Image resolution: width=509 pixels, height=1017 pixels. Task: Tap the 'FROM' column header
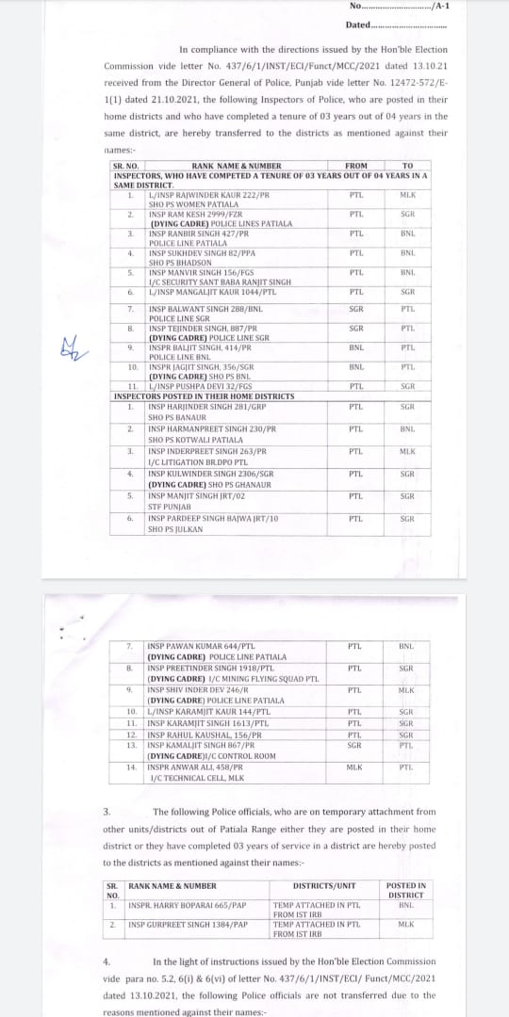tap(356, 166)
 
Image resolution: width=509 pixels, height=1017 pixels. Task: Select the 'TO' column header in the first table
tap(407, 166)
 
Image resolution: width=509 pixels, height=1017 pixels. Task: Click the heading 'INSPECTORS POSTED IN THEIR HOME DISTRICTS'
tap(204, 396)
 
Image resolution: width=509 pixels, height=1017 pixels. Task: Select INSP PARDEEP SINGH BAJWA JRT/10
tap(213, 519)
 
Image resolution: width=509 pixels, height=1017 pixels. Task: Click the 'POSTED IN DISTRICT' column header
tap(406, 890)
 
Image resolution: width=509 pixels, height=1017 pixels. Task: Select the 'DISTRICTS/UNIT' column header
tap(324, 886)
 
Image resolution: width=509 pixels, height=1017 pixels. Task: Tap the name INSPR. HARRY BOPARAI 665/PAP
tap(187, 905)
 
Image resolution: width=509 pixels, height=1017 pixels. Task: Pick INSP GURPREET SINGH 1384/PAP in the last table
tap(188, 925)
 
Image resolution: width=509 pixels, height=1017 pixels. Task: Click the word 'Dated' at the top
tap(358, 24)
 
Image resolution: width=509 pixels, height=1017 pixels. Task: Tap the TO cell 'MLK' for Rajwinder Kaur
tap(407, 195)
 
